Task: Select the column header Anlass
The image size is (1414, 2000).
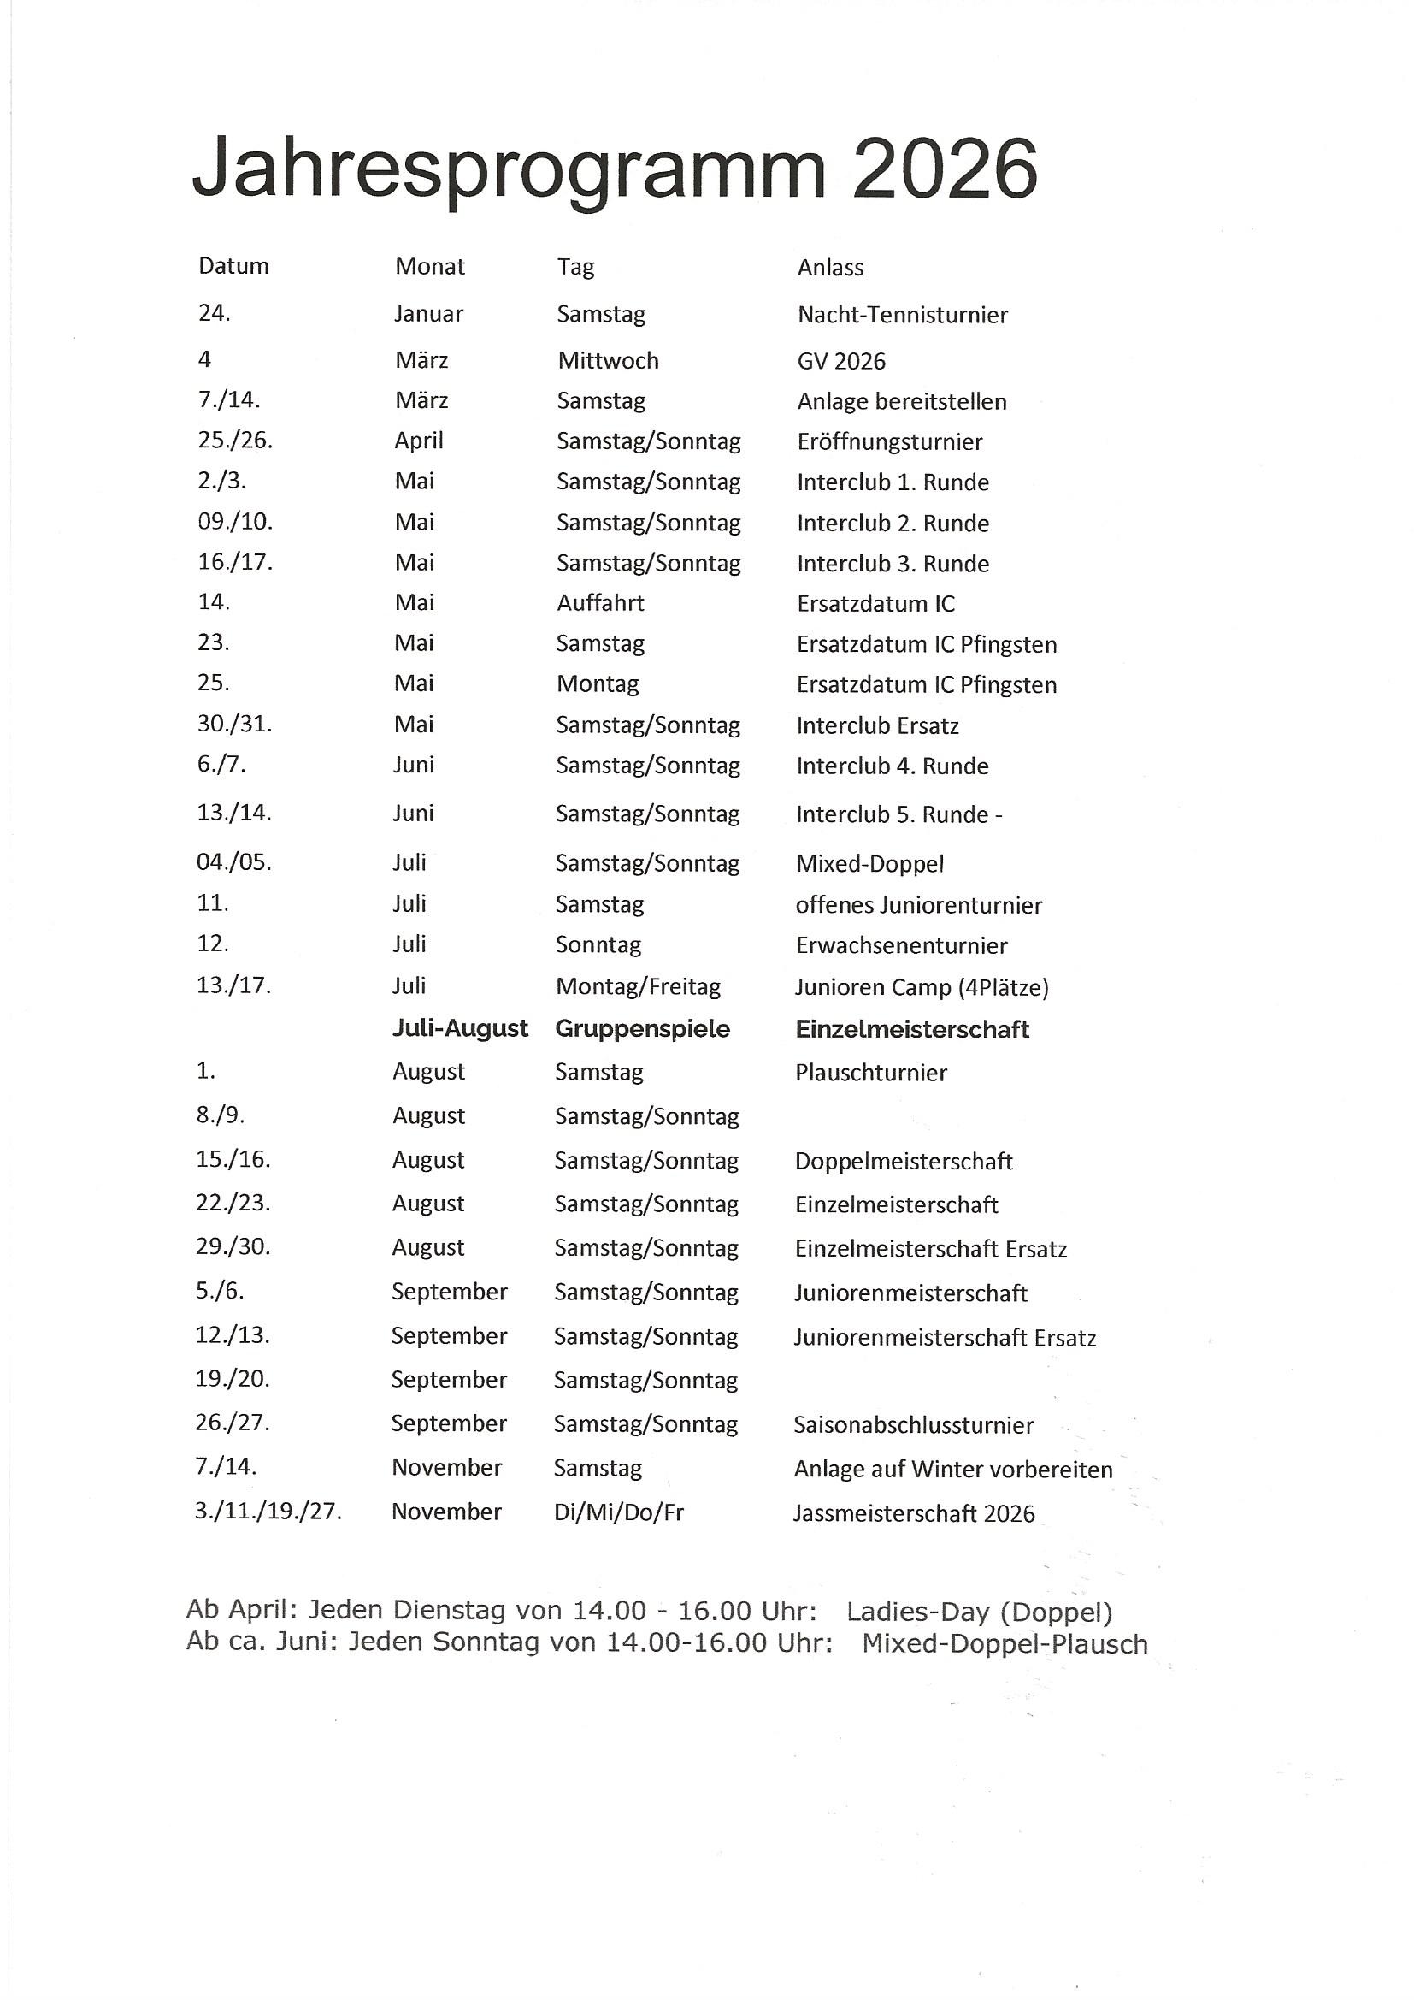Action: [x=830, y=268]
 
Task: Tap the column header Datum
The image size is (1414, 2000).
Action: [x=233, y=266]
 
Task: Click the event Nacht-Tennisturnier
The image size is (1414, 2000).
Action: [x=902, y=315]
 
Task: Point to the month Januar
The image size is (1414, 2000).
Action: [x=428, y=314]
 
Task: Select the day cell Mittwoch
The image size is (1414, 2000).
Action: [x=608, y=361]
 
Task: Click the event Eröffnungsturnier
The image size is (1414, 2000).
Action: [x=889, y=441]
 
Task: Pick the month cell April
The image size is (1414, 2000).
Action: [x=419, y=441]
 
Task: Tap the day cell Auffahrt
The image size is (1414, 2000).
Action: [x=600, y=603]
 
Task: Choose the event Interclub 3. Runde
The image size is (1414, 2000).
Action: [x=893, y=564]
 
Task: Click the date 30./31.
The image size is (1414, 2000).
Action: [x=234, y=724]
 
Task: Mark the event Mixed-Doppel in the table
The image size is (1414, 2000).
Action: [x=869, y=863]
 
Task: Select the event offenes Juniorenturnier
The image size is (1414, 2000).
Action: [x=918, y=905]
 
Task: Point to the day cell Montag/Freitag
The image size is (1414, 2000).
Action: [x=639, y=987]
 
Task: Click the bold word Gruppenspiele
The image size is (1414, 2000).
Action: [x=643, y=1029]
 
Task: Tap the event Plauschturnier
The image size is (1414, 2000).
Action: [x=870, y=1073]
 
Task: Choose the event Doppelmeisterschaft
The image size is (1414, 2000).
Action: [x=904, y=1161]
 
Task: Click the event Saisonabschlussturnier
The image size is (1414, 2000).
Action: [x=913, y=1425]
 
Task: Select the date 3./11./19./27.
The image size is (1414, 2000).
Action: [x=268, y=1512]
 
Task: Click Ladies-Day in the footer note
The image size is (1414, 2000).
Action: [x=917, y=1612]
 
